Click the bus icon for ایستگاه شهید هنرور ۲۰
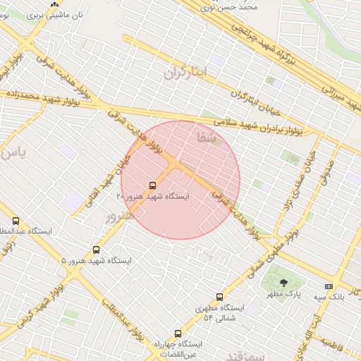pyautogui.click(x=153, y=185)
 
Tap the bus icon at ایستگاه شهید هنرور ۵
pyautogui.click(x=97, y=250)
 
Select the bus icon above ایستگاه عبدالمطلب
pyautogui.click(x=16, y=221)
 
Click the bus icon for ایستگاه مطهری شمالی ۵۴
pyautogui.click(x=219, y=297)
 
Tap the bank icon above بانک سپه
pyautogui.click(x=328, y=286)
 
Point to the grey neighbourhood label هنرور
pyautogui.click(x=119, y=216)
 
